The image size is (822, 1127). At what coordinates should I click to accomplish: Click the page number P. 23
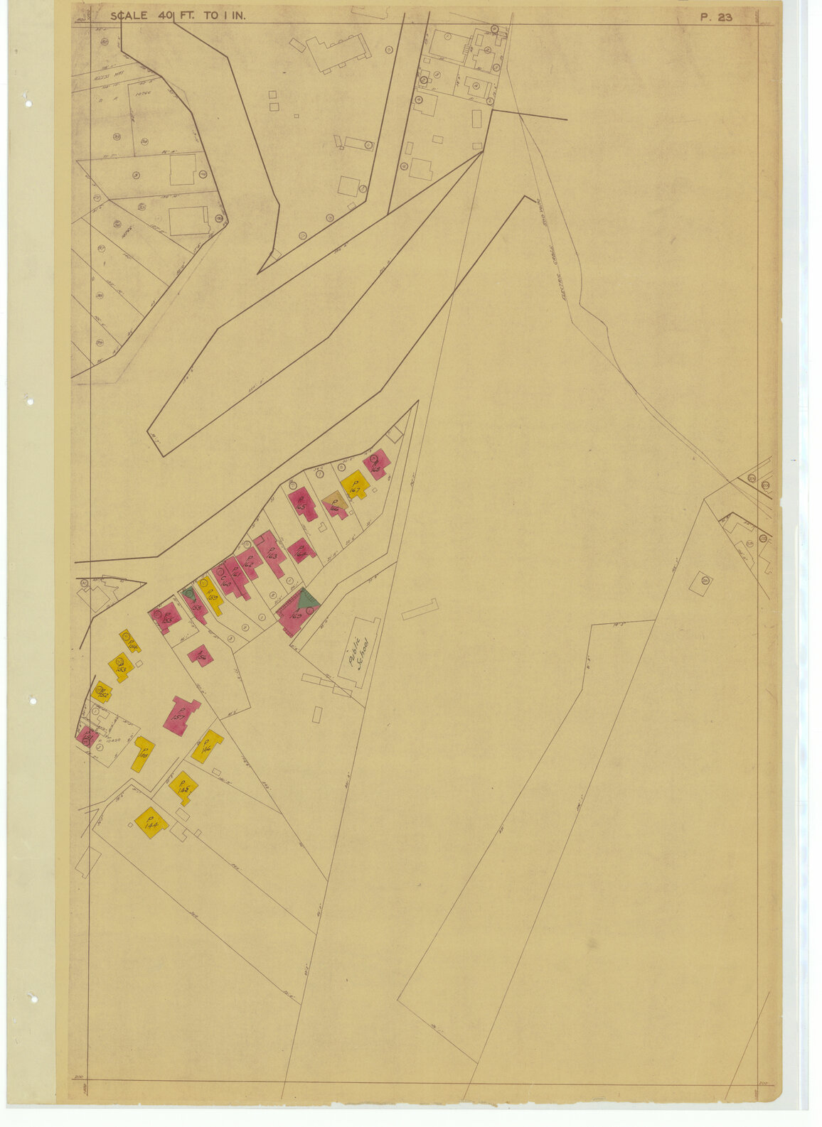[716, 17]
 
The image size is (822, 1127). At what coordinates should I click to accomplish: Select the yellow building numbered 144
[151, 823]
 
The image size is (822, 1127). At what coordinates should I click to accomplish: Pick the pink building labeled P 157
[181, 715]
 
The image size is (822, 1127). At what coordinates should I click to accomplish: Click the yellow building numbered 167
[354, 487]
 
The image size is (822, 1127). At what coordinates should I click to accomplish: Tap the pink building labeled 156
[200, 654]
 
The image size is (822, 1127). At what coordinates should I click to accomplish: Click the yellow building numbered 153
[120, 668]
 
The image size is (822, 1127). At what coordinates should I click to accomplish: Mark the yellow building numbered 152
[102, 692]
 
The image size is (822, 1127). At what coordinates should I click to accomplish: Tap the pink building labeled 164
[301, 549]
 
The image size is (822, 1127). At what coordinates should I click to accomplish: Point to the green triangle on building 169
[307, 598]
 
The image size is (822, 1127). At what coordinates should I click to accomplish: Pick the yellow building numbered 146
[207, 746]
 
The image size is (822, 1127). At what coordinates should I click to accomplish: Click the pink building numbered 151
[87, 736]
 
